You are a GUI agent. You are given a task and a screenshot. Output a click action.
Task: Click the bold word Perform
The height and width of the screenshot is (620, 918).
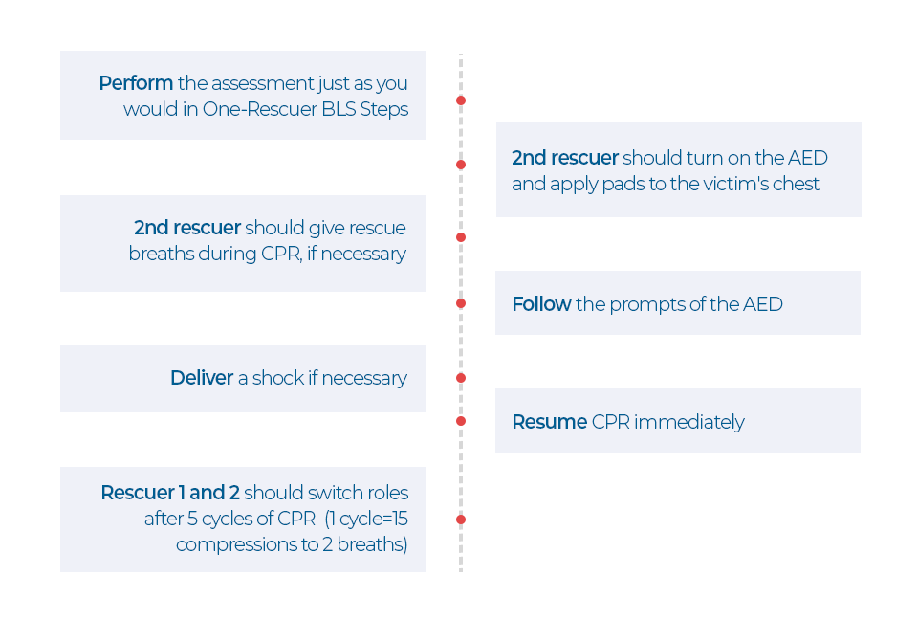[136, 83]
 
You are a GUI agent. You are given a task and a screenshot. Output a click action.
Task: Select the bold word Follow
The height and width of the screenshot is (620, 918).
[541, 304]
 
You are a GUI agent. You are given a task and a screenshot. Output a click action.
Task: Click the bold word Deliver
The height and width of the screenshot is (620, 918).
[202, 378]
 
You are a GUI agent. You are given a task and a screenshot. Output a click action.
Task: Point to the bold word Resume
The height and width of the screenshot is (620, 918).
[549, 422]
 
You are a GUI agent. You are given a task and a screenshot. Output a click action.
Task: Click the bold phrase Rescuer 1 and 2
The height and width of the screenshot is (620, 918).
[169, 493]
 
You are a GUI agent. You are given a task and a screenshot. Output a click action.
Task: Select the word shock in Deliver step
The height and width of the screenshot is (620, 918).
[277, 378]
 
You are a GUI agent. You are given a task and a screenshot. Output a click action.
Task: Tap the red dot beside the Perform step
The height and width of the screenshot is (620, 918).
[461, 100]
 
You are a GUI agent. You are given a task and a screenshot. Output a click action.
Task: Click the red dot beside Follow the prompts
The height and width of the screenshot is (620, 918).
[461, 303]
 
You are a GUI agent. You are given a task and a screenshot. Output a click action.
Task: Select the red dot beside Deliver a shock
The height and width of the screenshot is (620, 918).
[461, 378]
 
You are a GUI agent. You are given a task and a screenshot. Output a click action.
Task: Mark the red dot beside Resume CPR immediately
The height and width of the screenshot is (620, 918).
[461, 421]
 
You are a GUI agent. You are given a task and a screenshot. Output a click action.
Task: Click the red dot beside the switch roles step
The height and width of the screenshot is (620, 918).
[461, 520]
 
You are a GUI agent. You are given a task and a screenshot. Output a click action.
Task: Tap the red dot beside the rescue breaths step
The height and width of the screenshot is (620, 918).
[461, 236]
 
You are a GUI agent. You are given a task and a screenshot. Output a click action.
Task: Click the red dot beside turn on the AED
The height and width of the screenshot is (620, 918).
[461, 165]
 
